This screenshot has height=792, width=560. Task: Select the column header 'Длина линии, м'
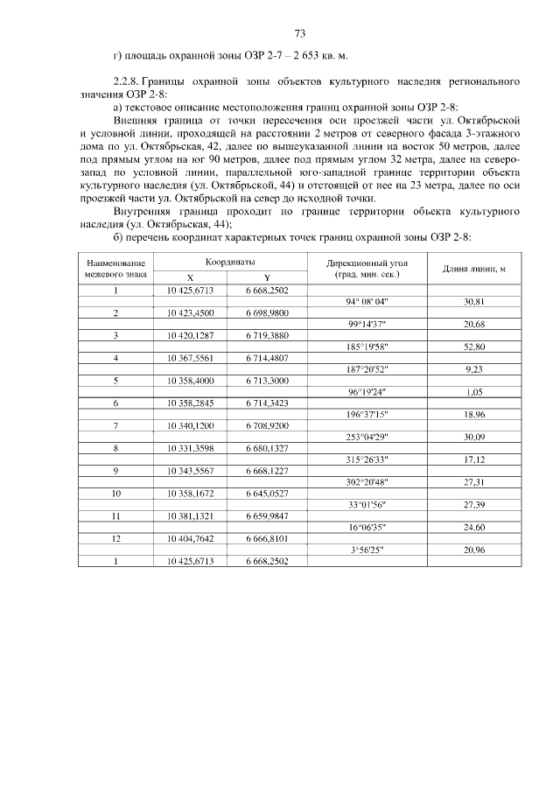tap(473, 268)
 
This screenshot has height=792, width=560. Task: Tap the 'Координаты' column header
tap(230, 262)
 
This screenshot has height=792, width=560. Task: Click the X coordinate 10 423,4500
tap(190, 312)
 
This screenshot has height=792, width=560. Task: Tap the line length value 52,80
tap(474, 347)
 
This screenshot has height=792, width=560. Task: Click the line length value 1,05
tap(474, 392)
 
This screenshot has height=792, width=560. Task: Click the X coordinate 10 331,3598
tap(190, 448)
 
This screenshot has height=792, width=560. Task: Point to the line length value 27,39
tap(474, 505)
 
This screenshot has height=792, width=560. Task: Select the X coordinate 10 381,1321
tap(190, 516)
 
